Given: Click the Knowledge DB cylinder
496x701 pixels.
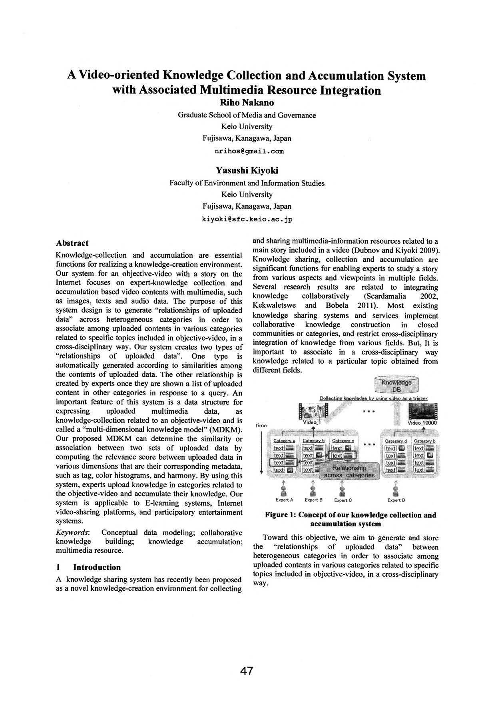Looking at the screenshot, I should click(x=396, y=385).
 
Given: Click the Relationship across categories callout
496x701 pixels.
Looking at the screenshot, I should click(x=349, y=471).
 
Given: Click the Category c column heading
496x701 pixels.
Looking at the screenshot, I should click(x=343, y=441).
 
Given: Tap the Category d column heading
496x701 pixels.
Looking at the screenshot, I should click(x=396, y=441).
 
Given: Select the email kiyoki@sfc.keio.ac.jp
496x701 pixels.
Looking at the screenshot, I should click(x=247, y=219).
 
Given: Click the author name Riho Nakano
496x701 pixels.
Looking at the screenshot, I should click(x=247, y=103).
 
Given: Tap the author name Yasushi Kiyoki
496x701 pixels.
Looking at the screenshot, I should click(x=247, y=171).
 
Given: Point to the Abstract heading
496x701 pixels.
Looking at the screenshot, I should click(x=72, y=243).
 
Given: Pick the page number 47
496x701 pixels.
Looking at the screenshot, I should click(x=247, y=670).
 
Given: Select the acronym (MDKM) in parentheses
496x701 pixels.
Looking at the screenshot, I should click(x=227, y=430).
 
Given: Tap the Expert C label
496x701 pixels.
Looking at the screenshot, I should click(x=343, y=500).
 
